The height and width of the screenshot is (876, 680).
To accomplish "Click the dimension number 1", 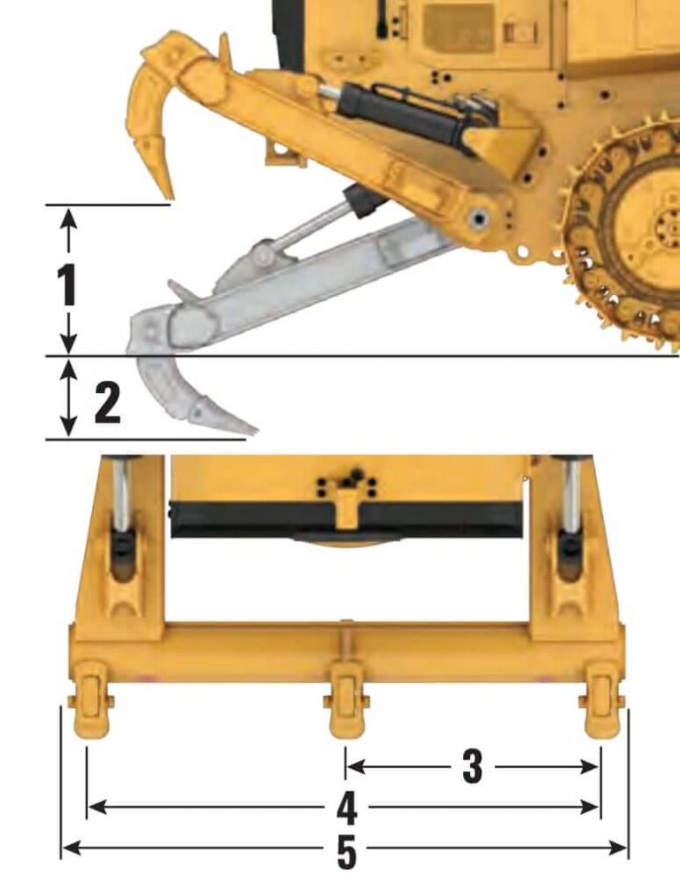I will (66, 285).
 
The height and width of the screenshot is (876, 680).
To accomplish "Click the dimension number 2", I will (106, 404).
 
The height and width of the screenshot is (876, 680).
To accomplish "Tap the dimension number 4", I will (346, 807).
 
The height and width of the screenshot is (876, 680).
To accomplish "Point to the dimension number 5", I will (346, 850).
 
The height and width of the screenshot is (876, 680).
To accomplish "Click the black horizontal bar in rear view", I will (345, 518).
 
